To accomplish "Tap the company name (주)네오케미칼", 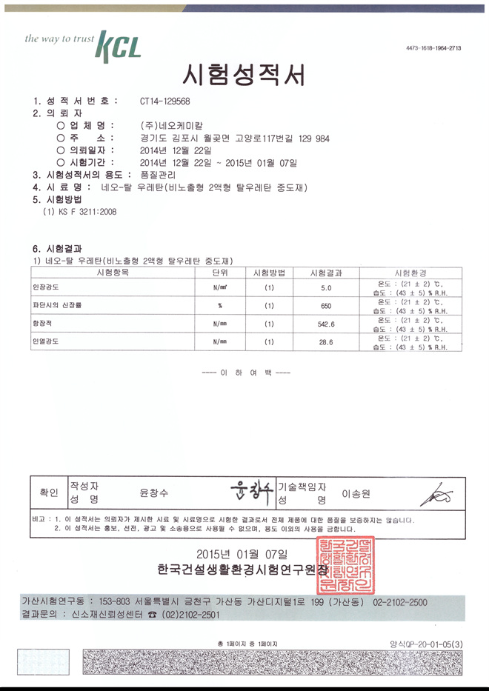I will [171, 125].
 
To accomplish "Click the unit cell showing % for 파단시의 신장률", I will [219, 305].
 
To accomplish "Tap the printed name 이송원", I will [356, 493].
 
